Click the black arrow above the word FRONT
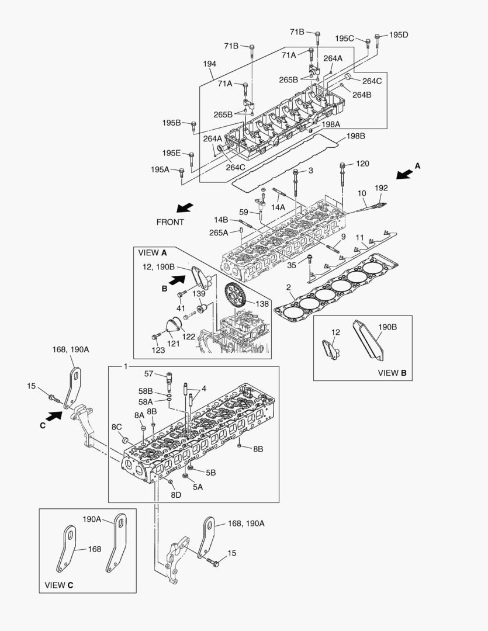(184, 208)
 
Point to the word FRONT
(170, 222)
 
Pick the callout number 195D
(398, 34)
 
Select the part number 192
(381, 188)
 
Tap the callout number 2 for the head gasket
(289, 287)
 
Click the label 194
(210, 63)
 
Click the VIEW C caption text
(59, 584)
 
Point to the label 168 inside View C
(94, 549)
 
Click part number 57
(148, 373)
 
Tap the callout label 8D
(175, 494)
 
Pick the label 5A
(198, 486)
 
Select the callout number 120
(362, 164)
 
